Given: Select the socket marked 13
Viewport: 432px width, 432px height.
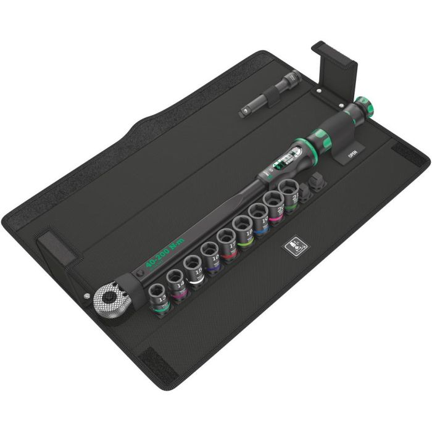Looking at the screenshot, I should [x=161, y=295].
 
